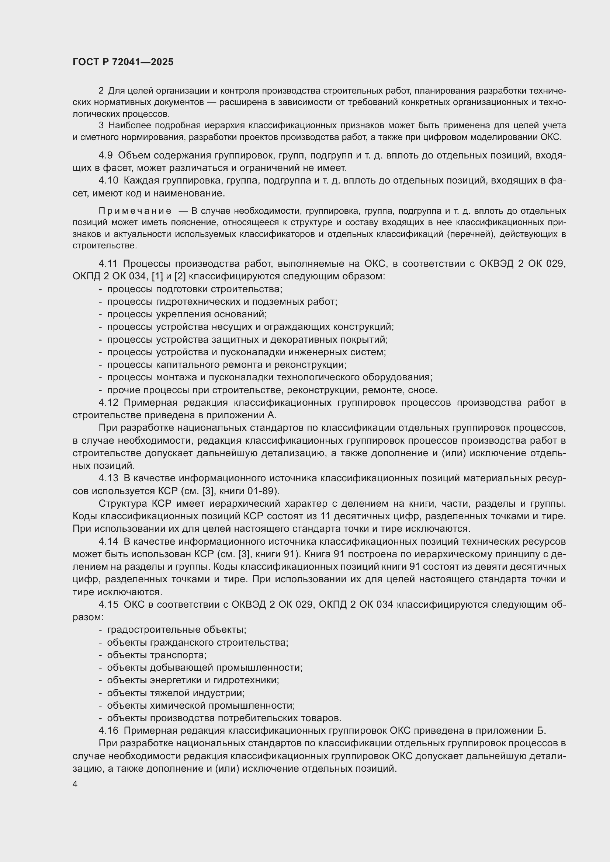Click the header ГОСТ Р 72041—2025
tap(123, 62)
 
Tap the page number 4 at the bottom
tap(75, 784)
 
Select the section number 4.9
tap(105, 156)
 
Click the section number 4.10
tap(108, 181)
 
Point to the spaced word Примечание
tap(135, 211)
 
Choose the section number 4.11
tap(108, 264)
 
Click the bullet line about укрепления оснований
tap(187, 314)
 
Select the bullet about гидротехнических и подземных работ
tap(222, 301)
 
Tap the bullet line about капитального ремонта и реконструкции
tap(226, 364)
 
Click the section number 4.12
tap(108, 403)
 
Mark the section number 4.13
tap(108, 478)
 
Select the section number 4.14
tap(108, 541)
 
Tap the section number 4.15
tap(108, 604)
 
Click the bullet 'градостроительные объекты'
tap(177, 629)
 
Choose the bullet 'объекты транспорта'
tap(157, 655)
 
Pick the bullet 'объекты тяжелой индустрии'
tap(176, 693)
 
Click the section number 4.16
tap(108, 730)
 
